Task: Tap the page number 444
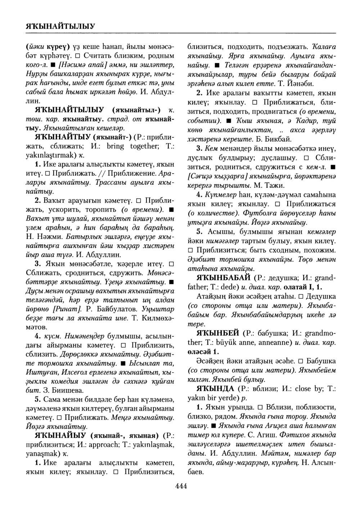(181, 486)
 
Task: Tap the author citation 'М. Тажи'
(273, 186)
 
